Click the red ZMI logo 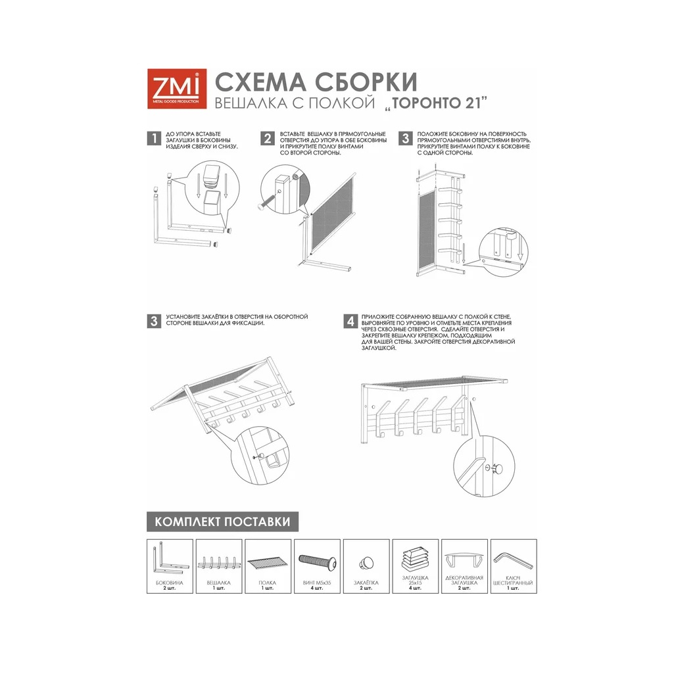176,89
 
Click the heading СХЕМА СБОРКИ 316,82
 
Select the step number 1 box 154,138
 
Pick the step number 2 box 267,138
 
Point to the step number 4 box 351,322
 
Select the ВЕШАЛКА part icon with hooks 218,563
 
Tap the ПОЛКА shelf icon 268,564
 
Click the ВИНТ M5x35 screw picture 317,561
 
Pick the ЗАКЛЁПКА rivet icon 366,562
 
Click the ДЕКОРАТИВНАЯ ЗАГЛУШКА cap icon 464,560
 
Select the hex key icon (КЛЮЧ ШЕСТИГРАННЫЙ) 513,559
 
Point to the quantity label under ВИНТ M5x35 317,589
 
